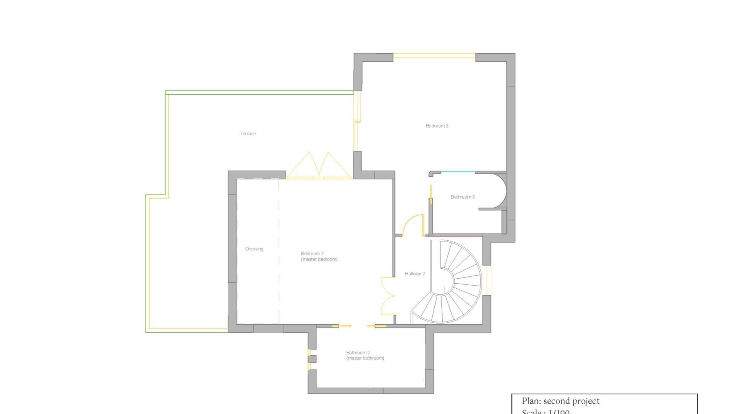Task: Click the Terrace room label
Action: point(248,134)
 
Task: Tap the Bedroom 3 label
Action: point(437,126)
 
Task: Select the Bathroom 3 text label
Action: point(463,197)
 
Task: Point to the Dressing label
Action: point(254,249)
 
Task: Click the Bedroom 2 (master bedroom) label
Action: point(319,256)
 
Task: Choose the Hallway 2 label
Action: point(415,274)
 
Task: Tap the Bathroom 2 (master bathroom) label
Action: point(365,355)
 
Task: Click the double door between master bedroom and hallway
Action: point(388,296)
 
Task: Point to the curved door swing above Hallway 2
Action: point(413,225)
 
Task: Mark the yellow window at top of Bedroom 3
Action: point(434,56)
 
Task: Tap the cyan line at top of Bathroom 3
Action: point(458,172)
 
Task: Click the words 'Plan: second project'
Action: point(560,401)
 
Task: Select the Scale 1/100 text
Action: point(545,412)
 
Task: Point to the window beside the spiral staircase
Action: point(489,280)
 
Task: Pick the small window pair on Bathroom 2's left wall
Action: point(309,359)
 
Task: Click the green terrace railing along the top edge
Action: point(259,92)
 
